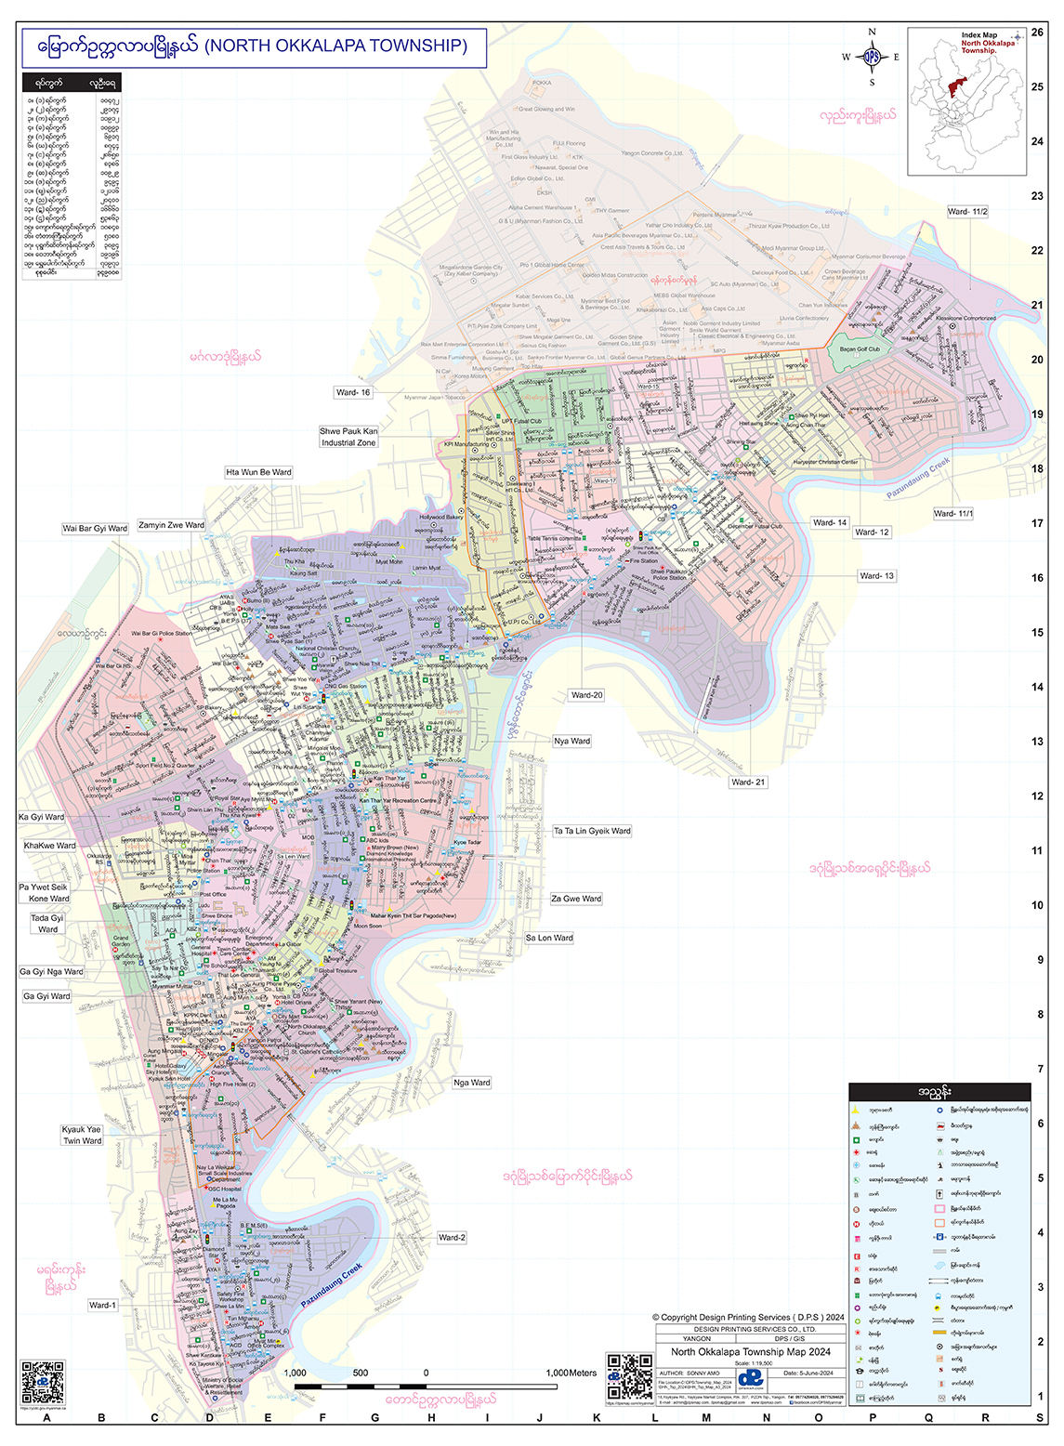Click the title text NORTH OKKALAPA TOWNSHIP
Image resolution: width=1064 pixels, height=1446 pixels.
pos(335,46)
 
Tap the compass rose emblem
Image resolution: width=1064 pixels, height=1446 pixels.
pos(872,57)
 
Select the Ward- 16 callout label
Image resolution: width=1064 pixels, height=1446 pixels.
pos(353,392)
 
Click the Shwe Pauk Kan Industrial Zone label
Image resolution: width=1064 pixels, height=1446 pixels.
pos(348,437)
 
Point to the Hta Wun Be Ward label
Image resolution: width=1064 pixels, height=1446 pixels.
pos(258,472)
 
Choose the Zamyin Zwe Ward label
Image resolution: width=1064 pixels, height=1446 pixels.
pos(172,525)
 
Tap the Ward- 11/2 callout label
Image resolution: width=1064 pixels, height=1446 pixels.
pos(967,212)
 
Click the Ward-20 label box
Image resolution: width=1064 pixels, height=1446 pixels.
pos(586,695)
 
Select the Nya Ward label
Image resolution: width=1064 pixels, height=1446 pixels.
pos(572,741)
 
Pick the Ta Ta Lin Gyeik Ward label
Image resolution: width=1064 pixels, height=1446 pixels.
pos(592,831)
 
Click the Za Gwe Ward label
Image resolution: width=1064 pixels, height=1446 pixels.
pos(576,899)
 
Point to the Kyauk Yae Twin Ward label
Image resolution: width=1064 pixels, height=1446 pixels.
pos(83,1135)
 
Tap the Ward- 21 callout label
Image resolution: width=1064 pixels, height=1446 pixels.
pos(748,782)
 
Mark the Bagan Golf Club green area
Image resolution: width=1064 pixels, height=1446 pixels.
pos(859,349)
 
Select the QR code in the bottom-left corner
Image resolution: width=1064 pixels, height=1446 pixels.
pos(43,1382)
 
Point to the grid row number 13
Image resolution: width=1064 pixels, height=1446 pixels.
pos(1037,742)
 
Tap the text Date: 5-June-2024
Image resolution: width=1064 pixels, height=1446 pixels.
pos(808,1373)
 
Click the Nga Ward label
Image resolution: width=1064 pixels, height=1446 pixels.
pos(472,1083)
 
